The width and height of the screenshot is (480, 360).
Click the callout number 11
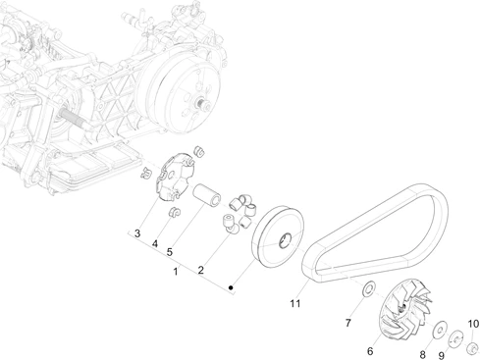295,303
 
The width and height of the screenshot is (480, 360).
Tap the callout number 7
348,323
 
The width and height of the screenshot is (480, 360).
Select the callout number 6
370,351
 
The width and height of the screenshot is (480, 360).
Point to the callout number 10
473,324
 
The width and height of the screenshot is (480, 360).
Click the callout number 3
137,233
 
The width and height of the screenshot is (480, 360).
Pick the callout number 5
169,252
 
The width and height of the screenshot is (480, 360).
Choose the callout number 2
200,270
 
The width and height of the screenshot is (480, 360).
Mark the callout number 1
176,272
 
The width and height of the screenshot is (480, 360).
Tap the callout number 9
442,355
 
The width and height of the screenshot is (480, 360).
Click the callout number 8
422,354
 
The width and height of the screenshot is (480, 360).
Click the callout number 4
155,244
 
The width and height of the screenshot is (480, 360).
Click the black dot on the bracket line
231,287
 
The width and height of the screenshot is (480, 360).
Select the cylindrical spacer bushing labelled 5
206,195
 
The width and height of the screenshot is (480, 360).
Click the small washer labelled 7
369,288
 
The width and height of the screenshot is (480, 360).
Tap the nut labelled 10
472,347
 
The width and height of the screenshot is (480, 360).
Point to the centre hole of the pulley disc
285,240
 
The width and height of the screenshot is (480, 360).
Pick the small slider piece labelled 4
174,212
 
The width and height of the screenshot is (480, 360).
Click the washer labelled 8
440,329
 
